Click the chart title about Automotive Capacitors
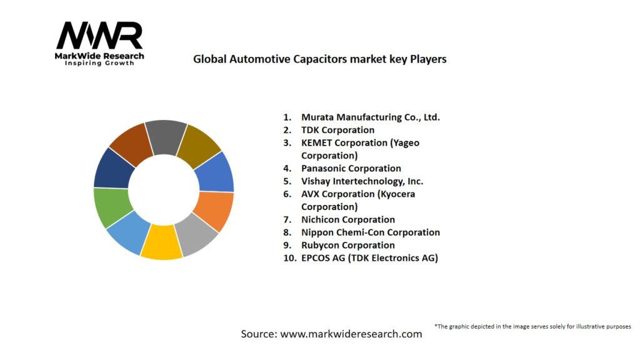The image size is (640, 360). point(319,59)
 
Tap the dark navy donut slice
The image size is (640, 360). point(112,167)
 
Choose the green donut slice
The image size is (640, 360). point(112,207)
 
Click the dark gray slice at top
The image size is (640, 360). point(166,137)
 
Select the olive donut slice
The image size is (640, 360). point(199,146)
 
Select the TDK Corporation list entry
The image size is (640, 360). point(337,130)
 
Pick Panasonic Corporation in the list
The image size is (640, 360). point(351,168)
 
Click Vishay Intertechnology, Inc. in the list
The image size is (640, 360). point(362,181)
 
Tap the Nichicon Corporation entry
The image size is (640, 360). point(347,219)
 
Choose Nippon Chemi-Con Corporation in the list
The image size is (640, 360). point(370,232)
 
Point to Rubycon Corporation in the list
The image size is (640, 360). point(347,245)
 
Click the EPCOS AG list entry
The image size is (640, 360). point(369,258)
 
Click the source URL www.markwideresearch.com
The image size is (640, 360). point(351,334)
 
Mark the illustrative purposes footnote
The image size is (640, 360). point(532,326)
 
